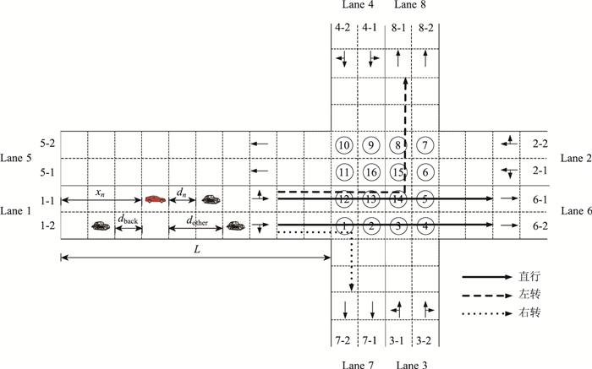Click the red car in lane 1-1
point(155,199)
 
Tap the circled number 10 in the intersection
point(344,144)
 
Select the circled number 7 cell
point(426,144)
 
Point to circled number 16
point(371,172)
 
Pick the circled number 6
point(426,172)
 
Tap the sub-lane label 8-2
point(425,28)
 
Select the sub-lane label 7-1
point(370,342)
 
